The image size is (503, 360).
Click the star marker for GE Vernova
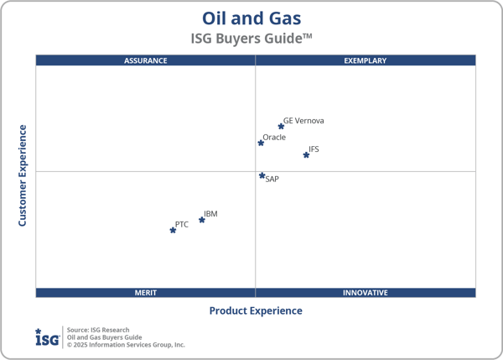tap(281, 127)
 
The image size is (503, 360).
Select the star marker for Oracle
tap(261, 143)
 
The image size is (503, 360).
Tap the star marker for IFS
tap(306, 155)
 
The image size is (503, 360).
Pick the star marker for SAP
tap(262, 175)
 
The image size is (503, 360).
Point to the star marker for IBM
tap(201, 220)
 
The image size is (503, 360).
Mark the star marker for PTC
tap(173, 230)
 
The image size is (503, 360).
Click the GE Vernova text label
tap(303, 121)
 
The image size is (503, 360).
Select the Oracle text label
tap(274, 138)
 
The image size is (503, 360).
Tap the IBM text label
tap(210, 214)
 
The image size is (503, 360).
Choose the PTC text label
tap(182, 224)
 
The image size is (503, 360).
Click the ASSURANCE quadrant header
tap(146, 60)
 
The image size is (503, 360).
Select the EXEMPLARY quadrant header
tap(366, 60)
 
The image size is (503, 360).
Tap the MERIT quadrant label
tap(146, 293)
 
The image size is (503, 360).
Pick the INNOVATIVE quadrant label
tap(366, 293)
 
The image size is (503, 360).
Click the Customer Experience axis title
tap(23, 175)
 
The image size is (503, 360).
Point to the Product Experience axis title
tap(256, 310)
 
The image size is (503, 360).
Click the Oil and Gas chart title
tap(251, 18)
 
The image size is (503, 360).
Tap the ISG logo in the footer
tap(47, 337)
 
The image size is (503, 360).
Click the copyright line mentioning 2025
tap(126, 345)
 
